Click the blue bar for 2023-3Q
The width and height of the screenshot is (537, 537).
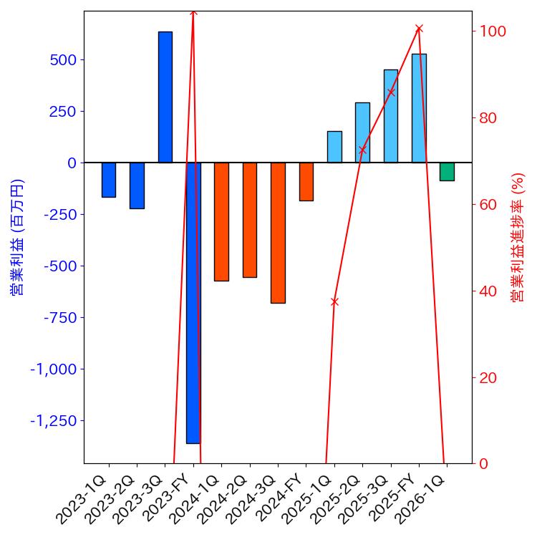(165, 97)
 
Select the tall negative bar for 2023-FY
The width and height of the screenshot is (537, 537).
(193, 303)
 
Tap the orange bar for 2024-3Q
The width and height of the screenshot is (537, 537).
(278, 233)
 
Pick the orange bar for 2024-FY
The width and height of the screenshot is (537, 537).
(306, 182)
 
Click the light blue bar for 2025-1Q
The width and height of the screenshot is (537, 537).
(334, 147)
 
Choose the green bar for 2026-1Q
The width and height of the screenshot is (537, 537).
(447, 172)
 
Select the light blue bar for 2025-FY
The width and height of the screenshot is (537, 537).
(419, 108)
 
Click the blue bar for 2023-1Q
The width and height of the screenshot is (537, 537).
(109, 180)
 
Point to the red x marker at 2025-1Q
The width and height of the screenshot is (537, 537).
(334, 301)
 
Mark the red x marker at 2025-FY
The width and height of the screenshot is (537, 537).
(419, 29)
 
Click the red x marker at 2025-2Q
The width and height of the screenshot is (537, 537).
(362, 150)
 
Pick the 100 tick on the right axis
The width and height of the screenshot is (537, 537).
(493, 32)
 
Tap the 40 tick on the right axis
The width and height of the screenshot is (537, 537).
(490, 291)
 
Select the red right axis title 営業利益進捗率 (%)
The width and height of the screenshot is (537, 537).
(518, 237)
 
